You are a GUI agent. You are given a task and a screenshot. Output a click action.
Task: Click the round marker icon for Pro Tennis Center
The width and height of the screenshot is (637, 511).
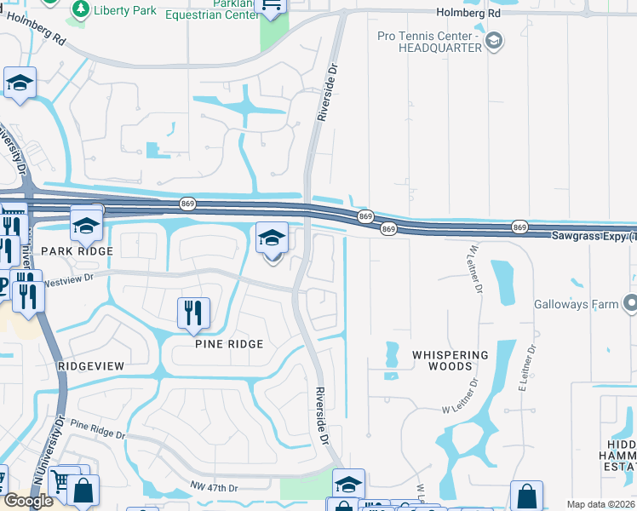point(493,40)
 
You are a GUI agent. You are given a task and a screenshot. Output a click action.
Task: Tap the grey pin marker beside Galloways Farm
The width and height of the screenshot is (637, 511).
point(629,303)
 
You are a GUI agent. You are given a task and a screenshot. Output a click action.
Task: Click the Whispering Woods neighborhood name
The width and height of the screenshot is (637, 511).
point(450,360)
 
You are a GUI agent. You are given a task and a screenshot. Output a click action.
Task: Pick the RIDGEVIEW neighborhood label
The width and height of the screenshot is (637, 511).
point(91,365)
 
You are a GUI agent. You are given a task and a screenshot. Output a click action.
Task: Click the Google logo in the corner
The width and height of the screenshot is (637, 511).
point(28,501)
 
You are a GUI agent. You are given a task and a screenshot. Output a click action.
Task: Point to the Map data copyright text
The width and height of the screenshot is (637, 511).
point(601,504)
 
